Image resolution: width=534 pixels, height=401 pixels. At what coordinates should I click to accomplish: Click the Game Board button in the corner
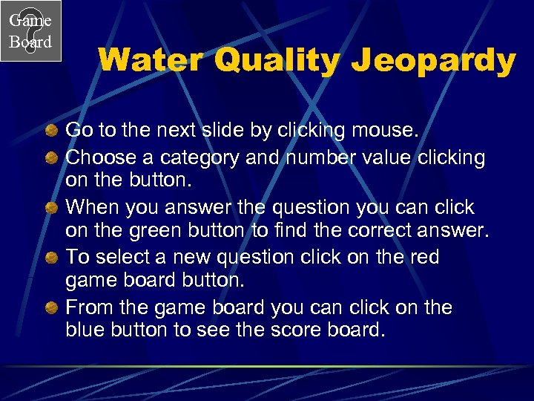(x=30, y=30)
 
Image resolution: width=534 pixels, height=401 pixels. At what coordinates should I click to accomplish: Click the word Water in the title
(x=151, y=61)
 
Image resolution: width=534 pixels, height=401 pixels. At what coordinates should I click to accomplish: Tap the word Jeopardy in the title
(x=433, y=61)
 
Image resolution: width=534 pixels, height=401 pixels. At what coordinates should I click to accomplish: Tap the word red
(x=425, y=258)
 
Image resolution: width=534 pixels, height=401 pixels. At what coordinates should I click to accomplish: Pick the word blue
(x=86, y=330)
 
